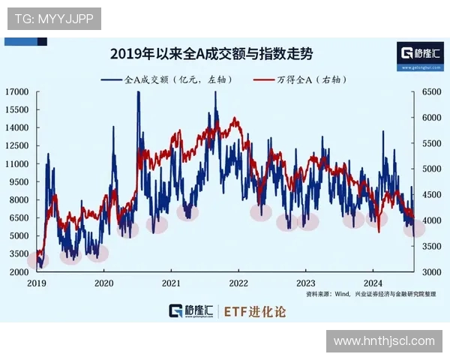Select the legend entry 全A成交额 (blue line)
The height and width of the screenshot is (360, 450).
(x=175, y=78)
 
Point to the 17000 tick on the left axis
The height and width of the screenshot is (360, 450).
(x=16, y=91)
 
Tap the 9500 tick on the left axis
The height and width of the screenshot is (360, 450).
(x=19, y=181)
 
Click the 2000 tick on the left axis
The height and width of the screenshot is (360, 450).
(x=19, y=271)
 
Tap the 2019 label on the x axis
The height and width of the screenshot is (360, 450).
(x=37, y=283)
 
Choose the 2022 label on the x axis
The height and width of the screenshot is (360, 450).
(x=238, y=283)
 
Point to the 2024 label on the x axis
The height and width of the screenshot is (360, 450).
(x=373, y=283)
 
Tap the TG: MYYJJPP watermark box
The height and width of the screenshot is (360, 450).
(x=54, y=19)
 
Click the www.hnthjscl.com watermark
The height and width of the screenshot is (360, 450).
(x=384, y=340)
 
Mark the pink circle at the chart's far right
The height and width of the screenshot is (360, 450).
(x=414, y=228)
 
